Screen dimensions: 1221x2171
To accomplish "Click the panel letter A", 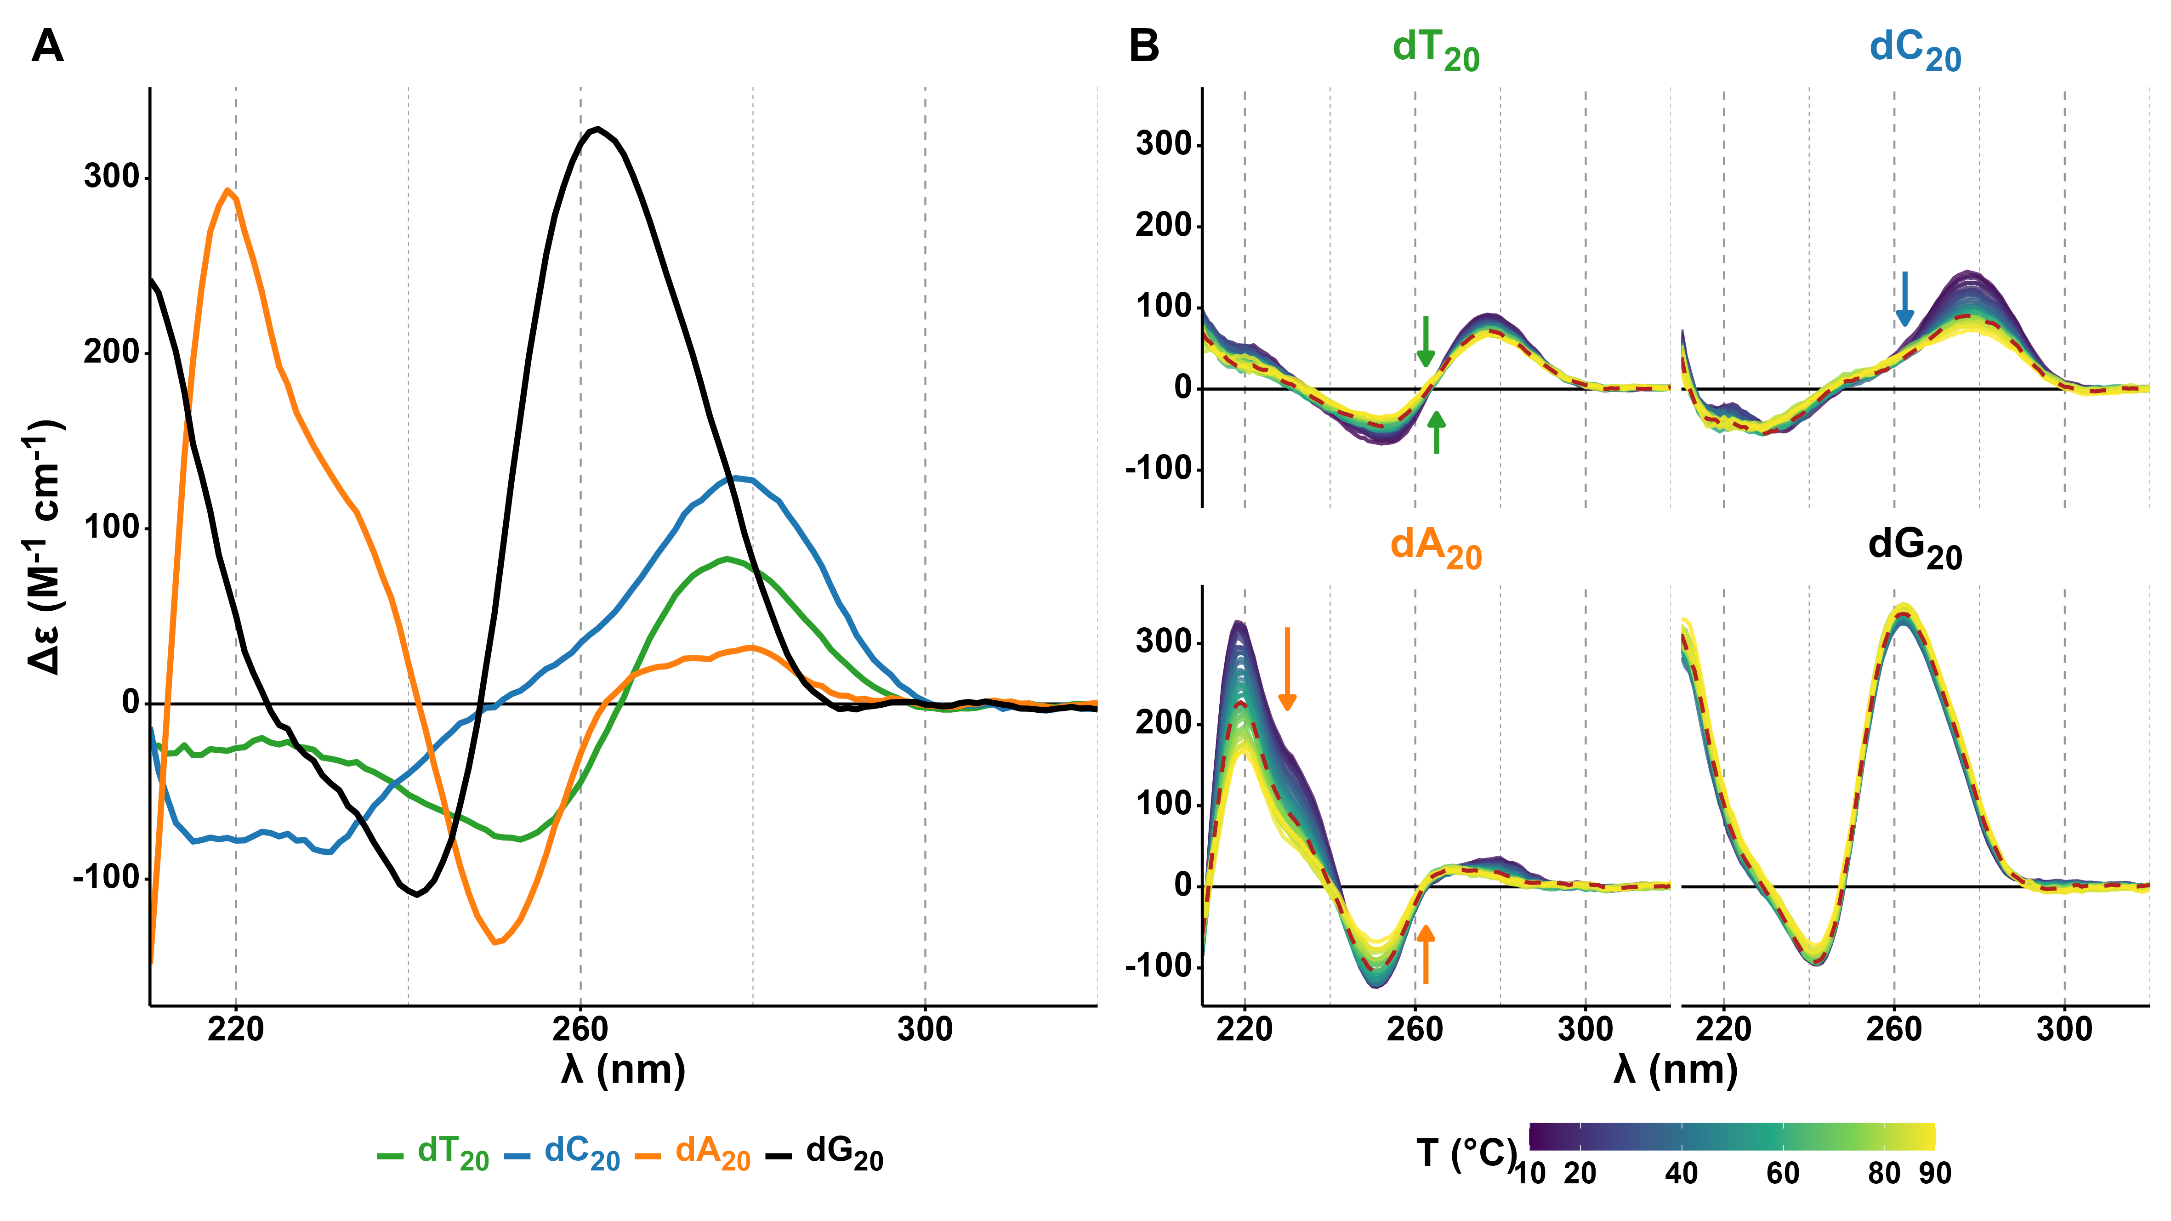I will tap(47, 46).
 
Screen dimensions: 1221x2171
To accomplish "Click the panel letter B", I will tap(1144, 46).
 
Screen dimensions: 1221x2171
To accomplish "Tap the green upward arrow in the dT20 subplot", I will tap(1437, 432).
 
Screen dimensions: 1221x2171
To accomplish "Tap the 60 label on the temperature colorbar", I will tap(1783, 1173).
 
